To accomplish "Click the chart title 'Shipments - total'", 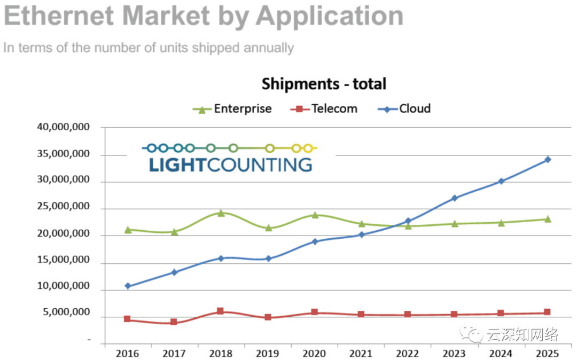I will coord(324,84).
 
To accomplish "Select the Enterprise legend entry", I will coord(232,109).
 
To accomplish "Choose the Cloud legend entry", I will coord(404,109).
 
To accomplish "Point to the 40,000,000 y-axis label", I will coord(64,128).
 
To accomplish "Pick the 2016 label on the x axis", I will coord(128,354).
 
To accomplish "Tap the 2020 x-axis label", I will coord(315,354).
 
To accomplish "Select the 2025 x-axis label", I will coord(548,354).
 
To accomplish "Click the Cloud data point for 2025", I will coord(548,159).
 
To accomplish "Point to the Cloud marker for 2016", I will coord(128,286).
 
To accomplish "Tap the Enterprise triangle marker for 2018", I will coord(221,213).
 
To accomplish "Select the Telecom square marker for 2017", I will coord(174,322).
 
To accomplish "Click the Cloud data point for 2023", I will coord(455,198).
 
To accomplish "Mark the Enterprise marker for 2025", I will coord(548,219).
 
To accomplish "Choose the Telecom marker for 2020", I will coord(315,312).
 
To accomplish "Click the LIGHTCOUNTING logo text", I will coord(230,165).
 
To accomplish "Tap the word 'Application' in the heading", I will coord(329,16).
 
